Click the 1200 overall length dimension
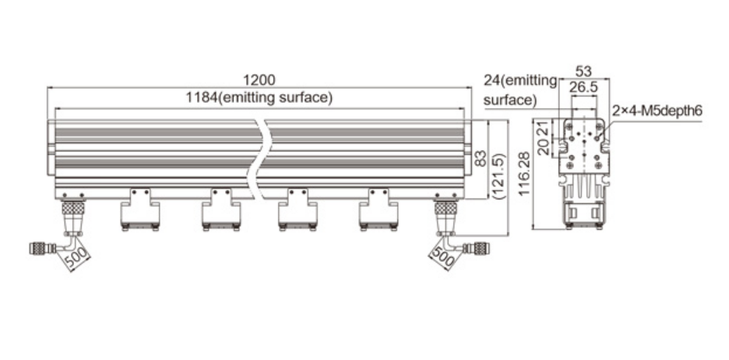(259, 79)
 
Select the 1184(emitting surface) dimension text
(259, 97)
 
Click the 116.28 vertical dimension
(526, 172)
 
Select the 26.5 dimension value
(583, 87)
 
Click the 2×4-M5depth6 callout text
(657, 111)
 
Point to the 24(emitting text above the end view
(519, 80)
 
